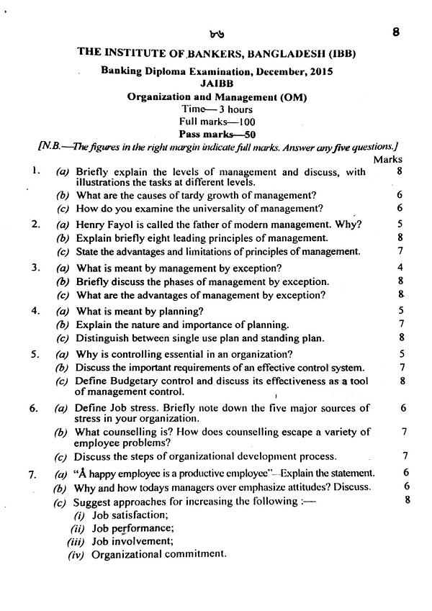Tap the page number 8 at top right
pyautogui.click(x=396, y=32)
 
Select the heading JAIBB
pyautogui.click(x=216, y=83)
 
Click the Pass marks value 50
pyautogui.click(x=244, y=134)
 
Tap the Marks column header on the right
pyautogui.click(x=388, y=159)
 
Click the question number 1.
pyautogui.click(x=34, y=171)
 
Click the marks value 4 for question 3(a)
pyautogui.click(x=400, y=268)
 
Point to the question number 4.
pyautogui.click(x=34, y=311)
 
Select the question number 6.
pyautogui.click(x=34, y=408)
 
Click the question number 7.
pyautogui.click(x=32, y=474)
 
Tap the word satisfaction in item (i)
pyautogui.click(x=140, y=515)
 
